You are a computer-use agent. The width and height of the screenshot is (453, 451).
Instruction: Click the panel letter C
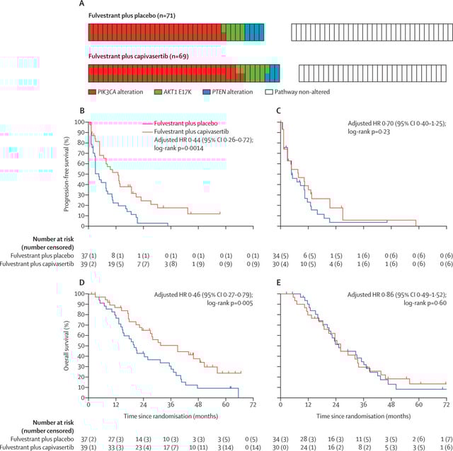coord(278,111)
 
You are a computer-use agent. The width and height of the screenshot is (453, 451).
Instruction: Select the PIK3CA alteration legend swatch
coord(91,92)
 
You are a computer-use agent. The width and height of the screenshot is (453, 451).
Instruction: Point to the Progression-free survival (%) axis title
coord(66,173)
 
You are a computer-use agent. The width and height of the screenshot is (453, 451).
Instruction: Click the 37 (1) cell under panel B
coord(88,254)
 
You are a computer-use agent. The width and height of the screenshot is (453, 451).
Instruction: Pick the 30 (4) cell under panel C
coord(284,263)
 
